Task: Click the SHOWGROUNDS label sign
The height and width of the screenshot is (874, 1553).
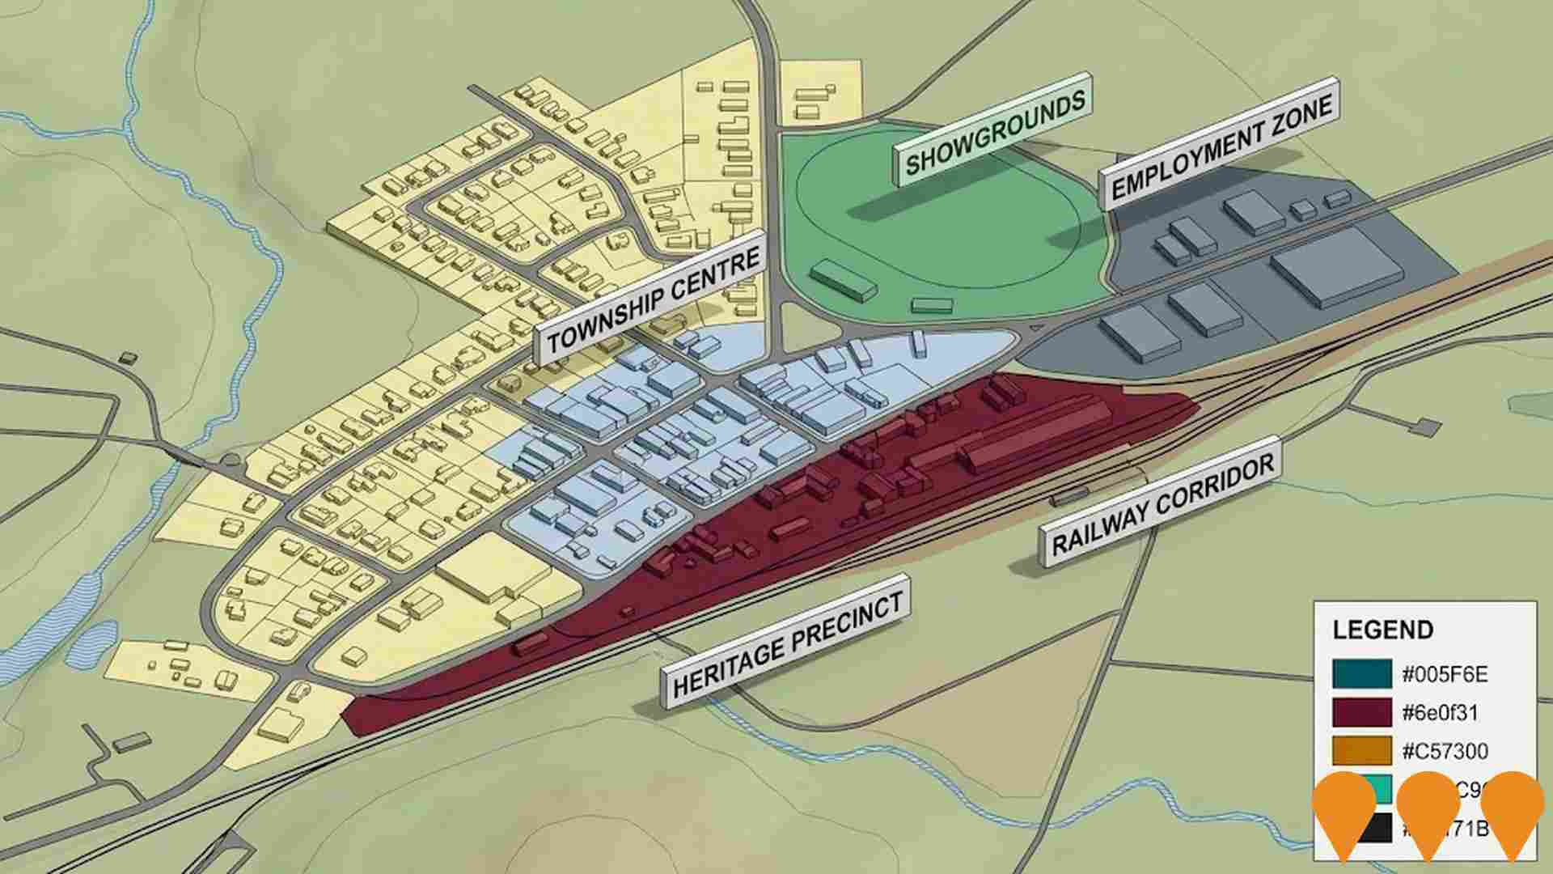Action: [993, 133]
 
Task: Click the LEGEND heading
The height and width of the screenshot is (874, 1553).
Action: [1382, 630]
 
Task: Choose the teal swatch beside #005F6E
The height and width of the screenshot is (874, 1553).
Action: [1362, 674]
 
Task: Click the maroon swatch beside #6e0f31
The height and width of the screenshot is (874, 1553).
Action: [1362, 712]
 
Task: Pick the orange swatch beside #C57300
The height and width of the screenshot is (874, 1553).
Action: [1362, 751]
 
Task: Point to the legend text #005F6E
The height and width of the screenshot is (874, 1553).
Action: [1444, 675]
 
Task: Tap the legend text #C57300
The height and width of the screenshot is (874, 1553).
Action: [1444, 752]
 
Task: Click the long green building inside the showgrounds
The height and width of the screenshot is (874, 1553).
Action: [844, 280]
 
